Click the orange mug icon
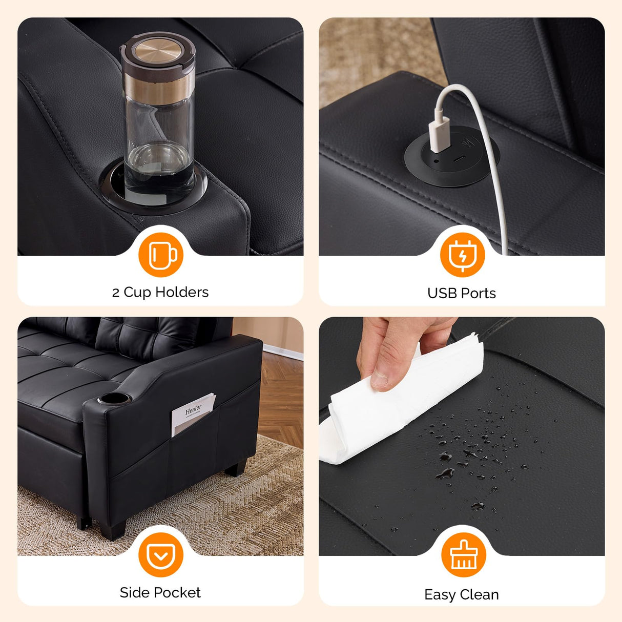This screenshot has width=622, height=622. (x=161, y=255)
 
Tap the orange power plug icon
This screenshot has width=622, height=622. (x=462, y=255)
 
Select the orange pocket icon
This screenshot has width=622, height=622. (x=161, y=555)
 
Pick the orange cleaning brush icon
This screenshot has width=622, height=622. (x=464, y=555)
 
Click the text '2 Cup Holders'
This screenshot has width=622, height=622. (x=160, y=293)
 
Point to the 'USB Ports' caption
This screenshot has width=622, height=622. (x=462, y=293)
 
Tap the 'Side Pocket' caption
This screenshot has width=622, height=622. (x=160, y=593)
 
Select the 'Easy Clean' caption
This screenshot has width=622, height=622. (x=462, y=594)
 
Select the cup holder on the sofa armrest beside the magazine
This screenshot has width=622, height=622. (x=114, y=399)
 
